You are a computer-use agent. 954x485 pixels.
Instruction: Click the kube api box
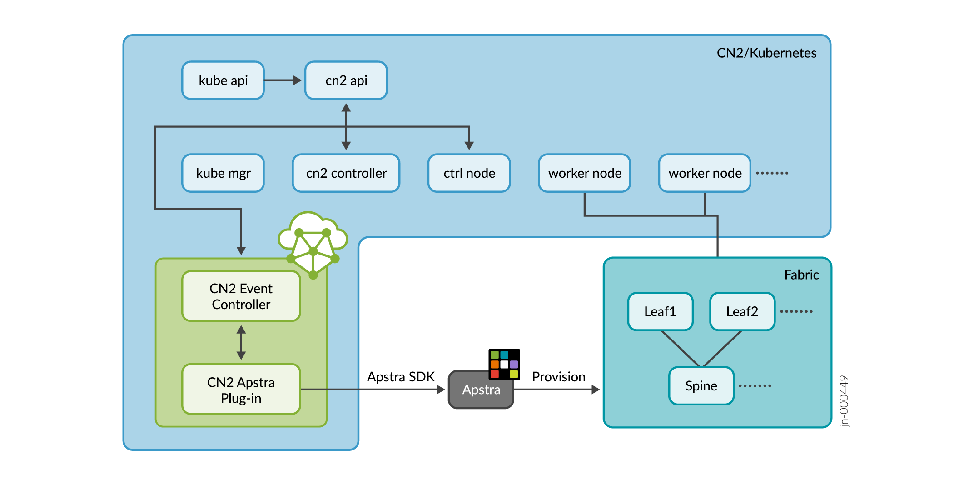click(223, 80)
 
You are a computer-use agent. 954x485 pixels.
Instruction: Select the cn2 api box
click(346, 80)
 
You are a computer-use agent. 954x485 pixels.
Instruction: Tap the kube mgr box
click(223, 173)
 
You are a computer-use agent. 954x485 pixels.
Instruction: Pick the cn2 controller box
click(346, 173)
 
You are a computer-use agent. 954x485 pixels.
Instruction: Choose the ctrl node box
click(469, 173)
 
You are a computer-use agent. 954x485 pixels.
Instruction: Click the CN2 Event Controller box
click(241, 296)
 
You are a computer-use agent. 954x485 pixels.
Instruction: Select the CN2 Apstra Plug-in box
click(241, 390)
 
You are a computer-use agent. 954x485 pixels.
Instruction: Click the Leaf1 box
click(660, 312)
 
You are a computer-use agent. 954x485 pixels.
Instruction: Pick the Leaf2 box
click(742, 312)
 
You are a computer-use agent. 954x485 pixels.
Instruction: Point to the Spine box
click(701, 386)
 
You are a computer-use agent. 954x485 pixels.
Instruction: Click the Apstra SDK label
click(401, 377)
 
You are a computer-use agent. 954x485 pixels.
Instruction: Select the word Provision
click(558, 377)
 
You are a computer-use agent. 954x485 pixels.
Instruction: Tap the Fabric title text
click(801, 275)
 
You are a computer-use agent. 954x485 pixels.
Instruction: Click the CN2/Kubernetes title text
click(766, 53)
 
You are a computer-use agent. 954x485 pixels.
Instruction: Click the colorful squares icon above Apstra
click(504, 364)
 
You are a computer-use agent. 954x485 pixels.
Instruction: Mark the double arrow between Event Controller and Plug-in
click(241, 343)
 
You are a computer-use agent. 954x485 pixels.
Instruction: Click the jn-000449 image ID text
click(844, 401)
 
